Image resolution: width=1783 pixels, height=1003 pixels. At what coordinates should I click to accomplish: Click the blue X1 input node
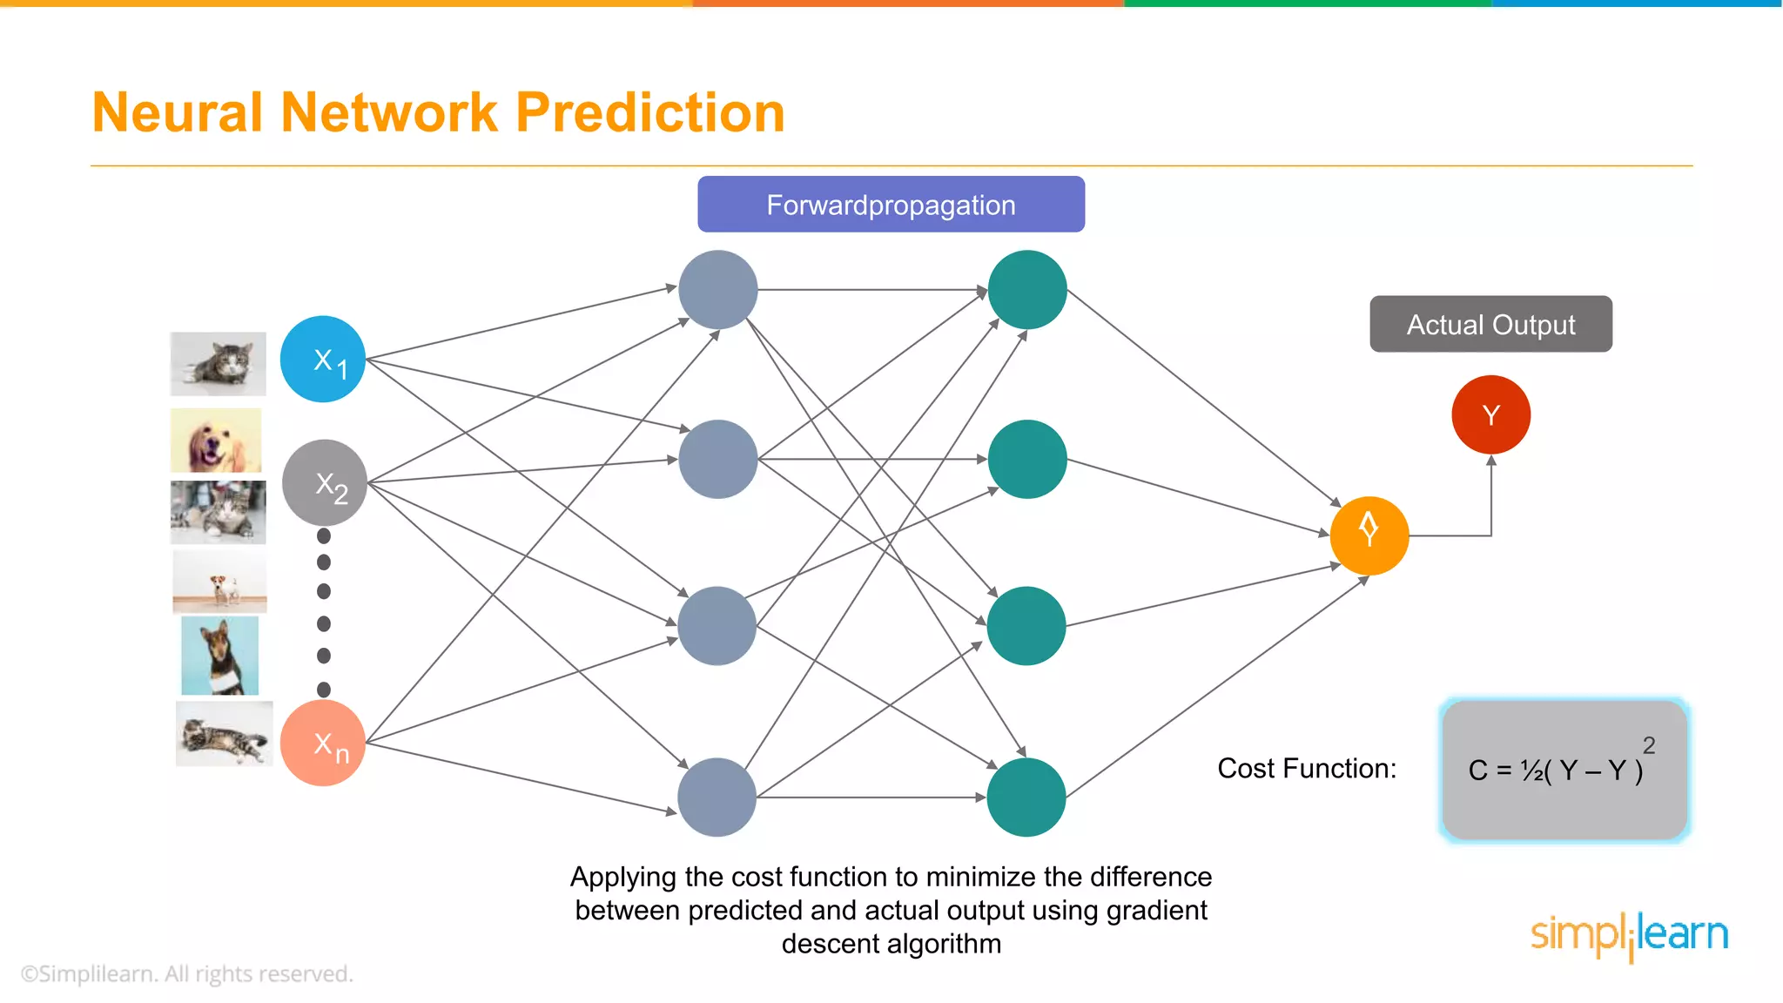click(x=323, y=359)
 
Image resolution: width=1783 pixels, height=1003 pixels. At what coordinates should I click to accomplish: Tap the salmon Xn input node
click(x=323, y=743)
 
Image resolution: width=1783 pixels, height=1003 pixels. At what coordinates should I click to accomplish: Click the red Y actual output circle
click(x=1490, y=414)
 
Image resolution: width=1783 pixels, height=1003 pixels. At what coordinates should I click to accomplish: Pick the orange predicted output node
click(x=1369, y=535)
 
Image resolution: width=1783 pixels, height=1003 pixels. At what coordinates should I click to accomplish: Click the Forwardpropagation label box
click(x=891, y=205)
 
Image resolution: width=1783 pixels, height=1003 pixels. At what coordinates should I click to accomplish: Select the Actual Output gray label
click(x=1490, y=324)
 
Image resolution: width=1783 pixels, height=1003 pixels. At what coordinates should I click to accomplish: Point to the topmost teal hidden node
click(x=1027, y=290)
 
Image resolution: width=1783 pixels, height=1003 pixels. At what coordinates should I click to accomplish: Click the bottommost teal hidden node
click(x=1026, y=797)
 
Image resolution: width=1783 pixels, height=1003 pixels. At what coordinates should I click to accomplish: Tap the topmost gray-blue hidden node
click(x=718, y=290)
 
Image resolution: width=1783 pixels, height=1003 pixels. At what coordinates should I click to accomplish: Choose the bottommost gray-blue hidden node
click(x=717, y=797)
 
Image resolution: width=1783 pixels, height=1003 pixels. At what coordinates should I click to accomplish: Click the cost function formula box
click(x=1564, y=770)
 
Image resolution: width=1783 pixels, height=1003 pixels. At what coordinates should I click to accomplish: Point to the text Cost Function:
click(x=1306, y=769)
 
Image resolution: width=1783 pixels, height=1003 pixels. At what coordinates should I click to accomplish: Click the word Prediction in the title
click(x=649, y=113)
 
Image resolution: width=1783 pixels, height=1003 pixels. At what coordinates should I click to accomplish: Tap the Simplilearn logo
click(x=1629, y=935)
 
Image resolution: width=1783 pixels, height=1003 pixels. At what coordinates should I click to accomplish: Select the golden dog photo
click(x=216, y=441)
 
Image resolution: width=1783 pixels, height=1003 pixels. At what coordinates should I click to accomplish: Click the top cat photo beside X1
click(x=218, y=364)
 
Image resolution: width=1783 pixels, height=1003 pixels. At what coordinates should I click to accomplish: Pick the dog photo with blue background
click(x=219, y=656)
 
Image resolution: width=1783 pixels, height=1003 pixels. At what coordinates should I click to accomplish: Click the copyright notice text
click(x=187, y=973)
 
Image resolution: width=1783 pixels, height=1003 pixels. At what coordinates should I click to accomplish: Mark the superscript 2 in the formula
click(x=1648, y=745)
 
